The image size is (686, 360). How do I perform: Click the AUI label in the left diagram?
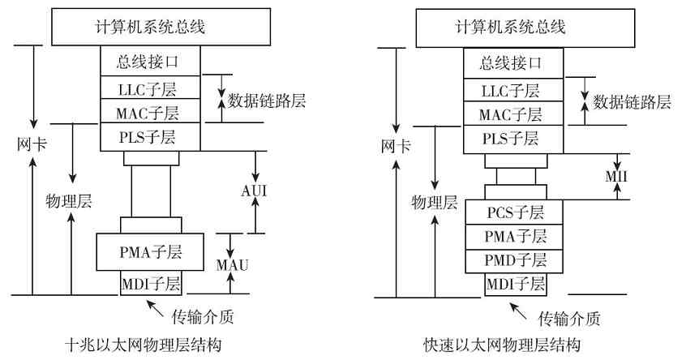pyautogui.click(x=254, y=191)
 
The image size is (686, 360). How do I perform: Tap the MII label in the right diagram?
pyautogui.click(x=617, y=177)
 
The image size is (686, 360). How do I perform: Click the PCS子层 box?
pyautogui.click(x=516, y=213)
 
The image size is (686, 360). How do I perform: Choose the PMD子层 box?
pyautogui.click(x=516, y=261)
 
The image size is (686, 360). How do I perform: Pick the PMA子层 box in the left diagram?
pyautogui.click(x=151, y=251)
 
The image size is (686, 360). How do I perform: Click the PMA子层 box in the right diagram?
pyautogui.click(x=516, y=237)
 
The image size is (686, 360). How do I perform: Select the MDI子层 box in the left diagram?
pyautogui.click(x=151, y=284)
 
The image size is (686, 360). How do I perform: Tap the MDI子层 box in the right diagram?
pyautogui.click(x=516, y=284)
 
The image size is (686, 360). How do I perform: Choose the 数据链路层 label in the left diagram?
pyautogui.click(x=267, y=101)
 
